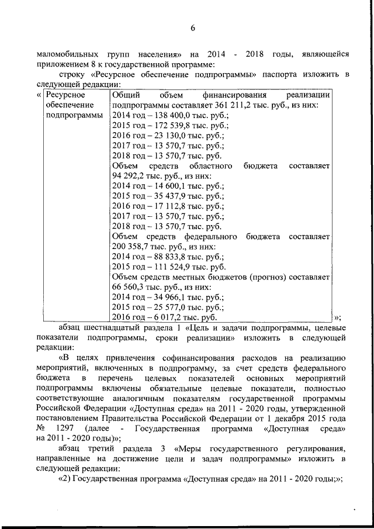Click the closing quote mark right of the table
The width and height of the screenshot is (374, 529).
pyautogui.click(x=337, y=317)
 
